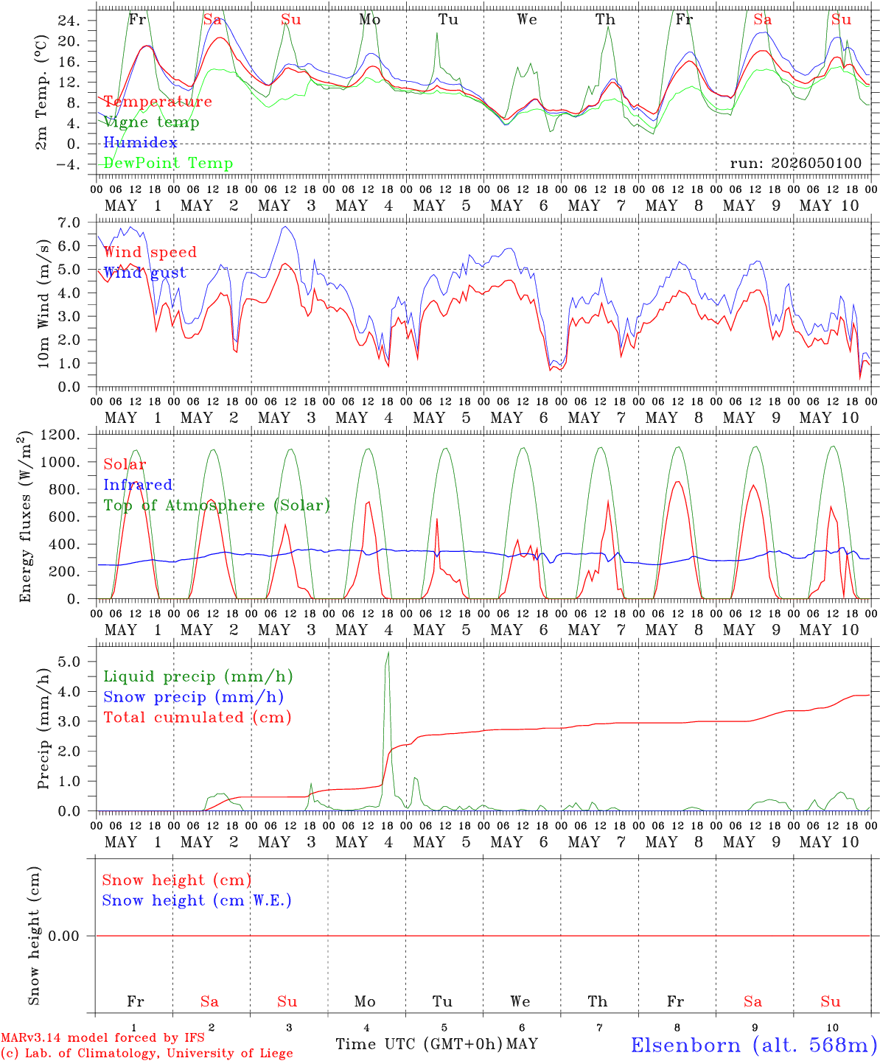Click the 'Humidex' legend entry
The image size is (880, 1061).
140,142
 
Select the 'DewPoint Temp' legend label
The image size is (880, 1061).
168,163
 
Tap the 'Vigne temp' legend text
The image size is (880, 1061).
152,122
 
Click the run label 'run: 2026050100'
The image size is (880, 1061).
795,163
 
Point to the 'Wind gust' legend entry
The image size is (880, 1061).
145,273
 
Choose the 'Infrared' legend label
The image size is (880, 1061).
138,485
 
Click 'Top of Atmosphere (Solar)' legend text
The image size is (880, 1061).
217,505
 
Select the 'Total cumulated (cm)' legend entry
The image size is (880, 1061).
198,718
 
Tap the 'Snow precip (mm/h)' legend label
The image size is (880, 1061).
193,697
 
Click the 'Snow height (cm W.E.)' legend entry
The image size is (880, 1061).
197,900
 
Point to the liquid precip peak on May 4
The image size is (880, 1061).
388,652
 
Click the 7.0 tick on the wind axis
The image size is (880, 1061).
69,223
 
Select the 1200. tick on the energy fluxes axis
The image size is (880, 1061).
60,435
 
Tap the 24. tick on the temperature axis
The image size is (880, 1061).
69,21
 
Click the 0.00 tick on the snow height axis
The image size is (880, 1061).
63,936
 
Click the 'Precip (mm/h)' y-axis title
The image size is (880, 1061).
43,729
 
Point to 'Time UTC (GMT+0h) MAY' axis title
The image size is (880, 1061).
436,1044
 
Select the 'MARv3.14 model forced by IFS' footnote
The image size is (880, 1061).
102,1037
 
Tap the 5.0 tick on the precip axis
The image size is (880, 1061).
69,662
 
